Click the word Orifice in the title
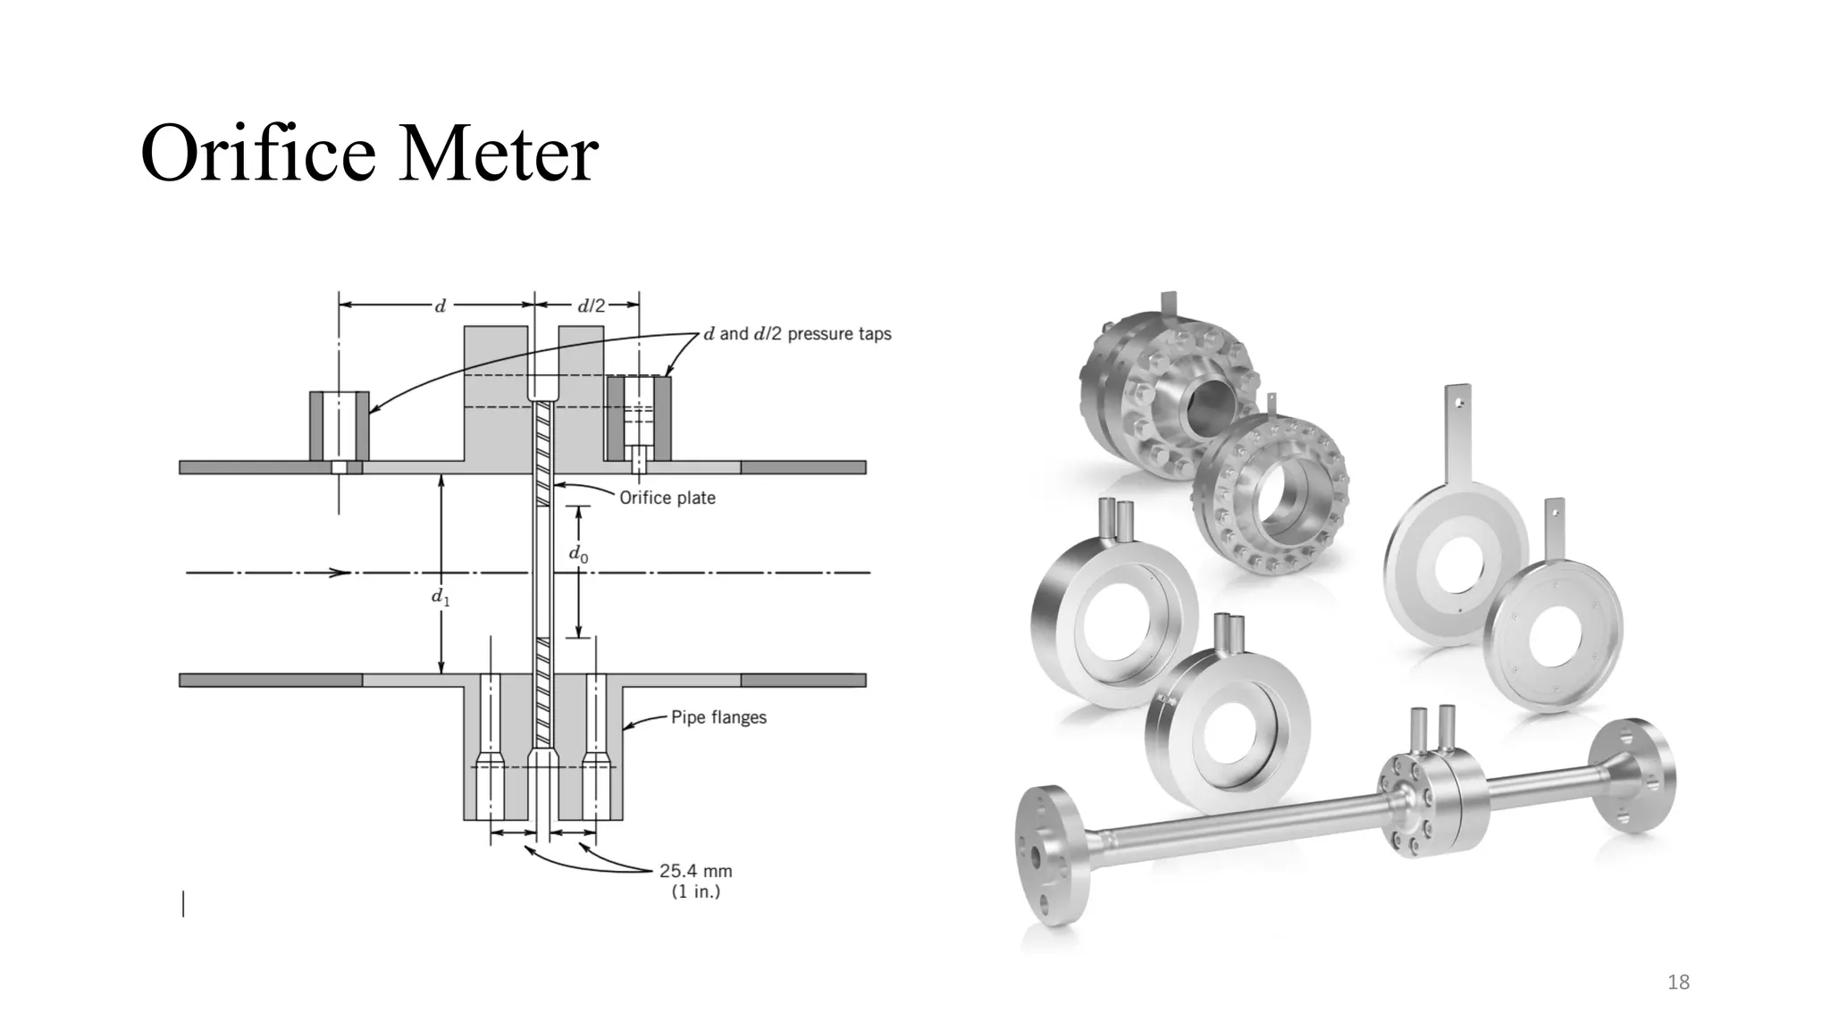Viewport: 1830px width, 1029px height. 259,154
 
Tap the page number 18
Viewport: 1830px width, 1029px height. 1678,983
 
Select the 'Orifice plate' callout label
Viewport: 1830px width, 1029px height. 667,498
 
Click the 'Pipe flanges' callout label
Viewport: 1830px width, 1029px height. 718,717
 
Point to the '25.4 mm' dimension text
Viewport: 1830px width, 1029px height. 695,871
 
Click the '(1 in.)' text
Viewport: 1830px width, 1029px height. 695,891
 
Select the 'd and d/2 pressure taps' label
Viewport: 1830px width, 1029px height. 797,334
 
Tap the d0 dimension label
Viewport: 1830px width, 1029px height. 578,554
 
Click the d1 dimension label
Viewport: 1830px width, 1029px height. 441,597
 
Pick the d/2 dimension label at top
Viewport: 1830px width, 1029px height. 591,306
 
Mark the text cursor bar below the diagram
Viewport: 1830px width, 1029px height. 184,904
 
